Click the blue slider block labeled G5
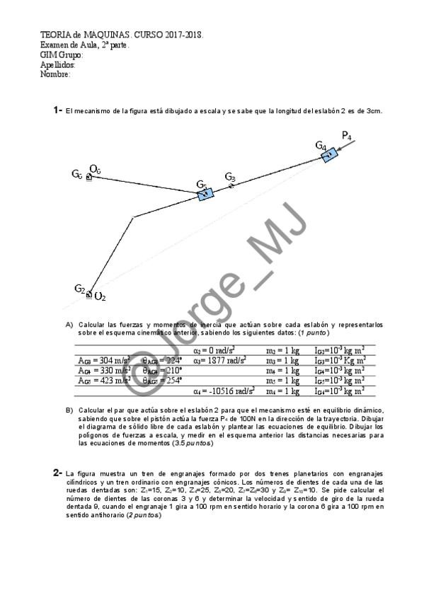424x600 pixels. click(205, 193)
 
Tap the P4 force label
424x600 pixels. click(347, 135)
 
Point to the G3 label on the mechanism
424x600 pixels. click(230, 176)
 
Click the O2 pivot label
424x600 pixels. click(101, 296)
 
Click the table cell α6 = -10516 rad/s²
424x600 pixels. click(224, 390)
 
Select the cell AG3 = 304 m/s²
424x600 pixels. click(103, 360)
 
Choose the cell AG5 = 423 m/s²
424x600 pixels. click(103, 380)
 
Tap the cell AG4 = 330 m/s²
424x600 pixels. click(103, 370)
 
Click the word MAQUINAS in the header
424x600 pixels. click(107, 34)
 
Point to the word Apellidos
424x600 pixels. click(57, 64)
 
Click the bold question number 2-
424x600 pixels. click(58, 472)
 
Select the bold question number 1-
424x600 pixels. click(58, 110)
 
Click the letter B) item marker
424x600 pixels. click(69, 410)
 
